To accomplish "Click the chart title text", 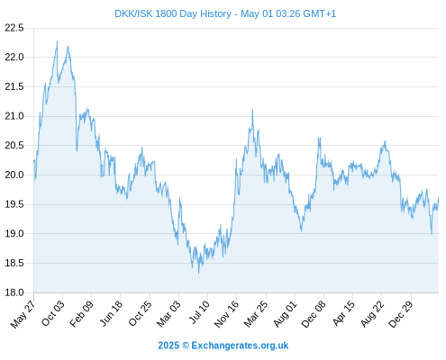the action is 225,13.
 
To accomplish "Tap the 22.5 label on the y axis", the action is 14,28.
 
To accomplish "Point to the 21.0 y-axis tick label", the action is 14,116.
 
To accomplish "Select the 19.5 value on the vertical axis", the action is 14,204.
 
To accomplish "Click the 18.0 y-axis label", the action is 14,292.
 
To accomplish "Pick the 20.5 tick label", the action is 14,146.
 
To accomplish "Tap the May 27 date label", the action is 23,313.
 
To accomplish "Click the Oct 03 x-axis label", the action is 53,313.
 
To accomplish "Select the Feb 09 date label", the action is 81,313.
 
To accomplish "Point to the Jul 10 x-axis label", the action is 199,312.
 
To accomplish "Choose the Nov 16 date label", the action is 226,313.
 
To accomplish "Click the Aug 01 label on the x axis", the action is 285,313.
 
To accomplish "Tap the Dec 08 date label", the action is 314,314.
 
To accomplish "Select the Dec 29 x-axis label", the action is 401,314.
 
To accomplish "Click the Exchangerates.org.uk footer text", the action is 240,346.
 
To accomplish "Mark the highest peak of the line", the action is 57,40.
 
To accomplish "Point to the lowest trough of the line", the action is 198,273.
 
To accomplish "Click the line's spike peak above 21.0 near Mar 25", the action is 252,110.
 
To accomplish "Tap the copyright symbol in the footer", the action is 186,346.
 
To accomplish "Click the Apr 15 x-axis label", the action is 343,313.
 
